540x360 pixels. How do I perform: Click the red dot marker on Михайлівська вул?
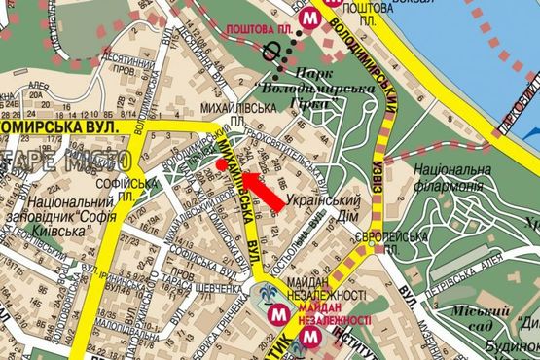point(222,164)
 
